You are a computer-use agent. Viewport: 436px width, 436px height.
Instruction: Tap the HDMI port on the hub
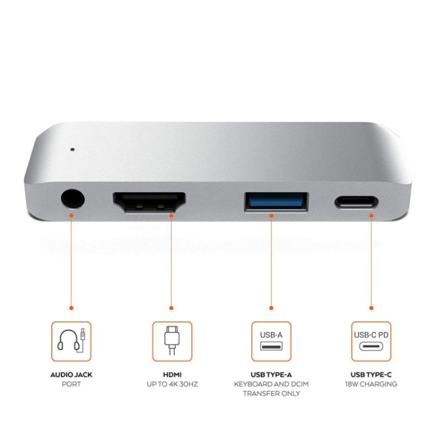click(x=149, y=202)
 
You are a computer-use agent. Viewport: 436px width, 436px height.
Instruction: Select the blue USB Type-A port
click(x=276, y=202)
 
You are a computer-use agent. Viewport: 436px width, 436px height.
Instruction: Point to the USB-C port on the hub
click(x=356, y=202)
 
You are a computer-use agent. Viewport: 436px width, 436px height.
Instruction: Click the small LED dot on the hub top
click(x=73, y=148)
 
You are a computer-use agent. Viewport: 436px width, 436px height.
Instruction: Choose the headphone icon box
click(x=71, y=341)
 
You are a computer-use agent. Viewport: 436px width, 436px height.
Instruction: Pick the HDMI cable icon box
click(x=172, y=341)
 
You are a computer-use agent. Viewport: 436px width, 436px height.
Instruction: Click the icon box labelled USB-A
click(x=271, y=341)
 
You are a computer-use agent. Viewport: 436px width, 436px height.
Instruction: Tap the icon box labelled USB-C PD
click(x=371, y=341)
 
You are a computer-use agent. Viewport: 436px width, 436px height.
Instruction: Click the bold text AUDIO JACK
click(x=71, y=375)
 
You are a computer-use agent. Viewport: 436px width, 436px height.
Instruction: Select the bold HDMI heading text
click(x=172, y=375)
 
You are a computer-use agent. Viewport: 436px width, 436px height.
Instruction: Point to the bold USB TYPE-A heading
click(x=271, y=375)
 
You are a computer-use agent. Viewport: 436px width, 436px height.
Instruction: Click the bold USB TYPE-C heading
click(x=371, y=375)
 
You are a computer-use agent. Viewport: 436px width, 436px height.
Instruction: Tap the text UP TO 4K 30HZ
click(x=172, y=384)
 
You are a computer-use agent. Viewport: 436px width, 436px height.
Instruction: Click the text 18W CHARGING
click(x=371, y=384)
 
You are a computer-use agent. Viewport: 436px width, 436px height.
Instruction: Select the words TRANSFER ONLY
click(x=271, y=394)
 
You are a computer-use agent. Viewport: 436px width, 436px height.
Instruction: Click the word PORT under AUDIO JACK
click(x=71, y=384)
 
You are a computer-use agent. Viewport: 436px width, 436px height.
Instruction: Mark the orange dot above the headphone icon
click(x=71, y=307)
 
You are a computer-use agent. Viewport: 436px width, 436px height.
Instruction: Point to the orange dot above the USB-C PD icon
click(x=371, y=307)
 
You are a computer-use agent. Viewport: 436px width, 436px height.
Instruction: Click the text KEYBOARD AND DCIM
click(x=271, y=384)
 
